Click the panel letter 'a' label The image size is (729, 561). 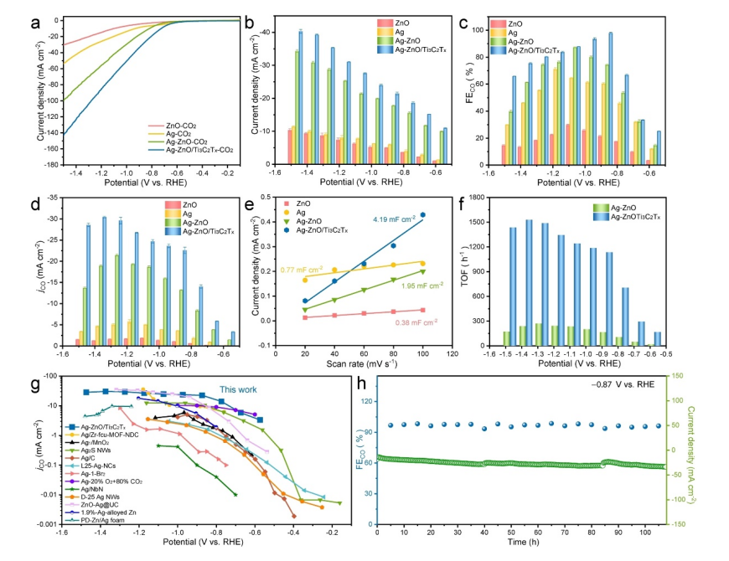click(36, 23)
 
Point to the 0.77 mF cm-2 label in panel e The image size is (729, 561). click(301, 270)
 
